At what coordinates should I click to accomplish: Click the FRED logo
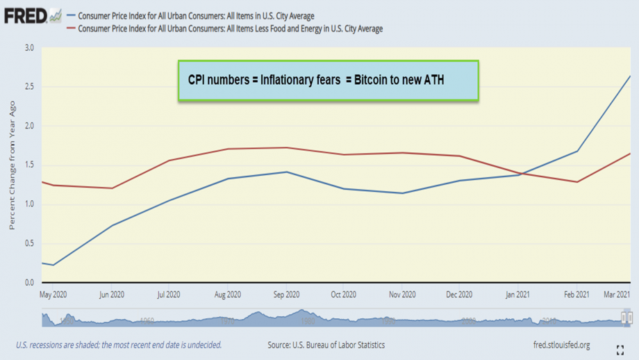click(x=26, y=15)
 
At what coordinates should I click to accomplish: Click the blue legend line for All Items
click(x=71, y=16)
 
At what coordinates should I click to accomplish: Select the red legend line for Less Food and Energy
click(x=71, y=29)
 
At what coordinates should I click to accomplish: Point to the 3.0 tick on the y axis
click(x=28, y=48)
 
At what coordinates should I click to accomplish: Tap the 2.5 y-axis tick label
click(x=28, y=87)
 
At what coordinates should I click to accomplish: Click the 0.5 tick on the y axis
click(x=28, y=243)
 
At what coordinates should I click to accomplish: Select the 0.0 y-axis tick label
click(x=28, y=283)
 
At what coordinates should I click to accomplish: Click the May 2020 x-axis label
click(x=54, y=295)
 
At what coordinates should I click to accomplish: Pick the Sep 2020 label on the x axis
click(x=287, y=295)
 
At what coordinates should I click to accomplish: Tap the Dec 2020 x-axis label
click(x=460, y=295)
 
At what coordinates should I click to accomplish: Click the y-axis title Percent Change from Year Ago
click(x=12, y=165)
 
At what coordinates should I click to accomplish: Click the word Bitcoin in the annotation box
click(x=374, y=81)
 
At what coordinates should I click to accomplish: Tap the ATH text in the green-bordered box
click(x=432, y=81)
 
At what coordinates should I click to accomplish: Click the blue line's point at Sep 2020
click(x=287, y=172)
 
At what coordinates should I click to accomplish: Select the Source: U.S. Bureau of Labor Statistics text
click(x=326, y=345)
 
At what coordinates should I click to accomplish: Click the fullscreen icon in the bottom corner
click(x=620, y=350)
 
